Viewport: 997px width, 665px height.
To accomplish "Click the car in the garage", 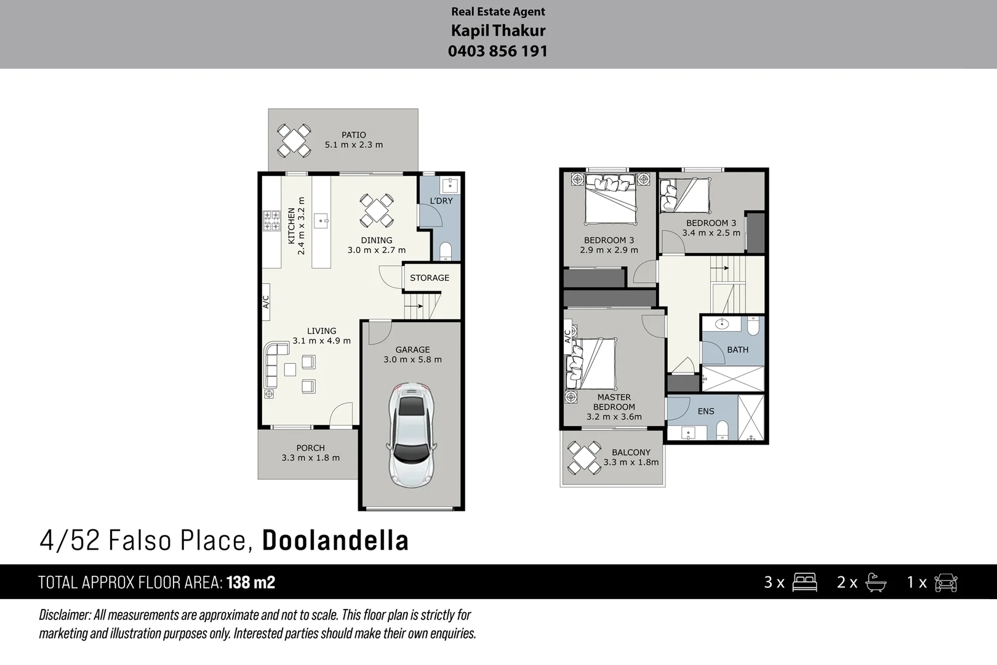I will point(412,435).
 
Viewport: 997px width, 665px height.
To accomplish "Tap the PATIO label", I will point(354,135).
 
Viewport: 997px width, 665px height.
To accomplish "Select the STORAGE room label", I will point(430,278).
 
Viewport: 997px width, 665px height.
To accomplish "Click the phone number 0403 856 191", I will point(497,51).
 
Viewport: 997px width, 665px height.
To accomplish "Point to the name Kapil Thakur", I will point(498,30).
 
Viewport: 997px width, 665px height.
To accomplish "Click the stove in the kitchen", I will point(271,220).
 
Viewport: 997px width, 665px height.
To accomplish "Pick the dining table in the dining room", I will point(376,210).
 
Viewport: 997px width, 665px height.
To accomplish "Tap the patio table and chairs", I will point(294,141).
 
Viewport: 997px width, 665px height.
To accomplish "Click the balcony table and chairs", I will point(584,457).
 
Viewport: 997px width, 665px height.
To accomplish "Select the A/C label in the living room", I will point(266,302).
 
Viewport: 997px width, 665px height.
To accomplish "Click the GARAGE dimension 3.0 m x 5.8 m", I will point(412,360).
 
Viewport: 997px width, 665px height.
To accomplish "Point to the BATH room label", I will point(737,350).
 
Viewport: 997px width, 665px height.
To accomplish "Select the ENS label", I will point(706,411).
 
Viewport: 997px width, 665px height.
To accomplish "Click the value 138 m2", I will point(250,582).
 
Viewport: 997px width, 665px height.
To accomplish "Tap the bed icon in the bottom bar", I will point(804,582).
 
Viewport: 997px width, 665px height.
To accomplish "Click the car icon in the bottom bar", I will point(945,582).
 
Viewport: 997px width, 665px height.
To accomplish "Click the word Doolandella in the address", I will point(335,541).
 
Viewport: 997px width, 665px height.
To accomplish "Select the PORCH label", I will point(310,448).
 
